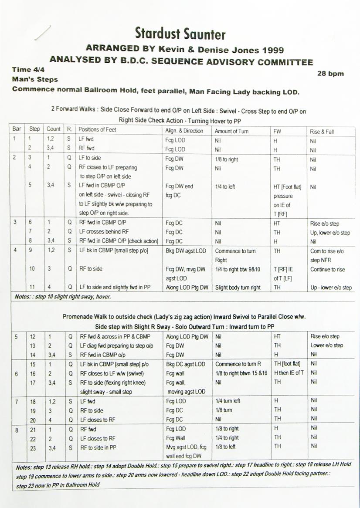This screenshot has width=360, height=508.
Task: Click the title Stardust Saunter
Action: click(180, 34)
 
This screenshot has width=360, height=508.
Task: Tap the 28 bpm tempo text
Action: click(331, 73)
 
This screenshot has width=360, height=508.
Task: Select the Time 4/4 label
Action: click(28, 70)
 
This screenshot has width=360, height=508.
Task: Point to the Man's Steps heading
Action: click(35, 80)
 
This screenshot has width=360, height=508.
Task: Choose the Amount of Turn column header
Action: click(231, 131)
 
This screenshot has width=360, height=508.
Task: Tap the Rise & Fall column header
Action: click(322, 131)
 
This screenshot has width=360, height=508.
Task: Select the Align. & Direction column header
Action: click(184, 131)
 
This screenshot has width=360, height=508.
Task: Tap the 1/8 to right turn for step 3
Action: click(227, 159)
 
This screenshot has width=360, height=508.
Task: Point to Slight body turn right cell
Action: click(238, 288)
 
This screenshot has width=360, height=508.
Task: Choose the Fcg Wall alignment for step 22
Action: click(176, 438)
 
